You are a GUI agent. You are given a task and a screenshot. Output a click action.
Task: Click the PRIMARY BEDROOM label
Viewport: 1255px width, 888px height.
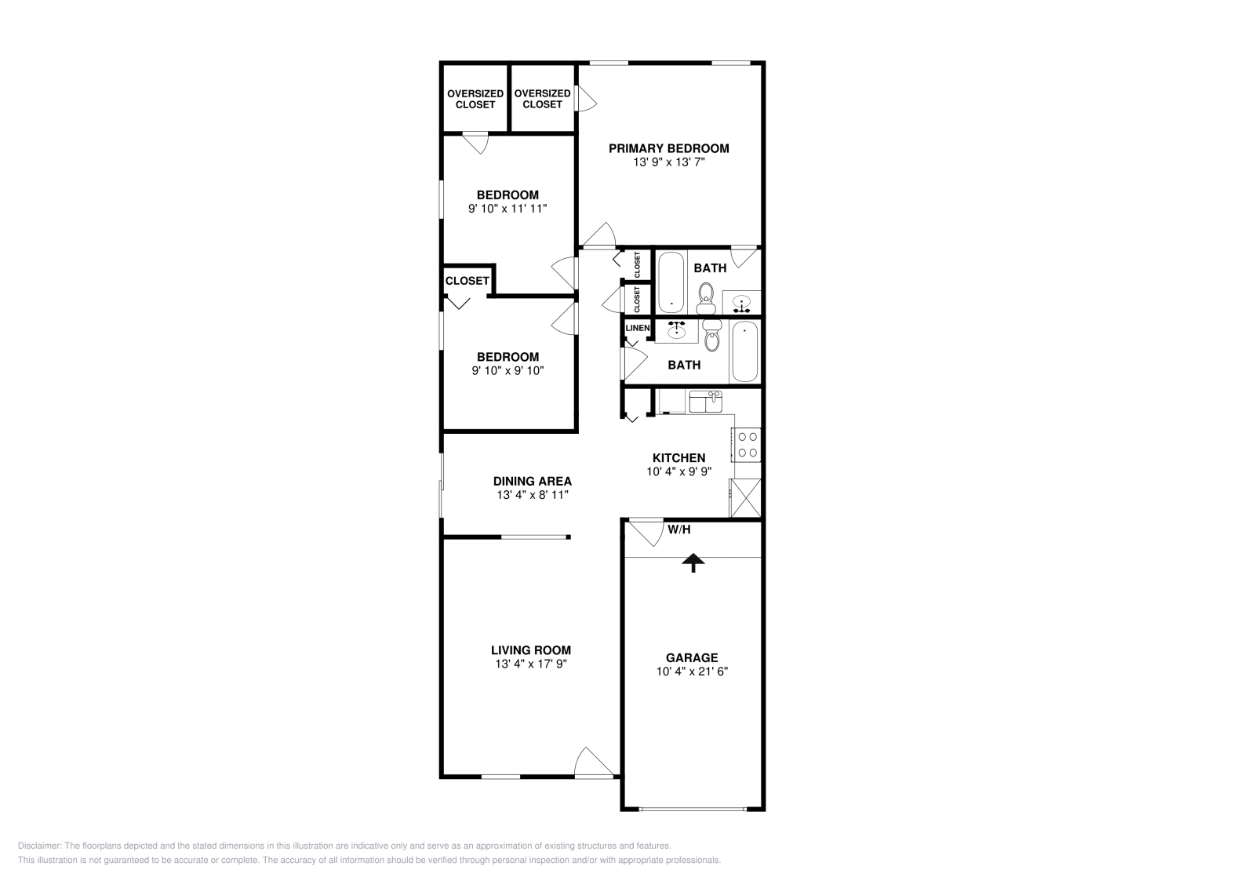click(x=669, y=148)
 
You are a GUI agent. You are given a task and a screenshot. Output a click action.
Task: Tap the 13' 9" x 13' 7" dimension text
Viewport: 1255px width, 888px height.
click(x=669, y=162)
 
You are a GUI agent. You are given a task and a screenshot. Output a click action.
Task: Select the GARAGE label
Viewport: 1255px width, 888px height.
click(x=692, y=658)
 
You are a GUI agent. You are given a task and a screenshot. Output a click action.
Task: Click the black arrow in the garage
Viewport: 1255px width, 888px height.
click(x=693, y=562)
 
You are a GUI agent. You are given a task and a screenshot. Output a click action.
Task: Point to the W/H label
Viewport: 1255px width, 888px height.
click(x=679, y=530)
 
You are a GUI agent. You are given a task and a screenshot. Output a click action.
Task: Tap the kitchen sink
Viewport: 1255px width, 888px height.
click(x=704, y=402)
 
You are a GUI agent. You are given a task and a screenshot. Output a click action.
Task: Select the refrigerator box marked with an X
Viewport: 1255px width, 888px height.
click(x=745, y=498)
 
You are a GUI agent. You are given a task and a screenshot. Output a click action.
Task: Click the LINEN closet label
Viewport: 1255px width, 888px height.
click(x=637, y=328)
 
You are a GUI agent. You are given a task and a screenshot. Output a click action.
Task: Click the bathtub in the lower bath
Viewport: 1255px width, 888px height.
click(x=744, y=351)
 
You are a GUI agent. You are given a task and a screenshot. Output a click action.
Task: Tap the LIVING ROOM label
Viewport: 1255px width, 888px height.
click(x=531, y=650)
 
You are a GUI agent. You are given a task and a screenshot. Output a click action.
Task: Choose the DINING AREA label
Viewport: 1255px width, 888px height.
click(x=533, y=482)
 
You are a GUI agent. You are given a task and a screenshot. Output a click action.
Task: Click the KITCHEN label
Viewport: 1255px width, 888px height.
click(x=679, y=458)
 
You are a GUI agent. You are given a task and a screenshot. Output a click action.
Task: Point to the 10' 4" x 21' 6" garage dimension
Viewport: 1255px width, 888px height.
click(x=692, y=671)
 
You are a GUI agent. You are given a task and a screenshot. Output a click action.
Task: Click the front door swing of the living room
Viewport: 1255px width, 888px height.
click(x=594, y=763)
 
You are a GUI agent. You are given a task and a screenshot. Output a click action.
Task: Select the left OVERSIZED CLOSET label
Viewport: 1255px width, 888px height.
click(x=475, y=99)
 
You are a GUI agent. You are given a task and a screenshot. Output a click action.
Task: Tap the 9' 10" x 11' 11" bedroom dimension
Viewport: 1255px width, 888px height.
click(x=507, y=209)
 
